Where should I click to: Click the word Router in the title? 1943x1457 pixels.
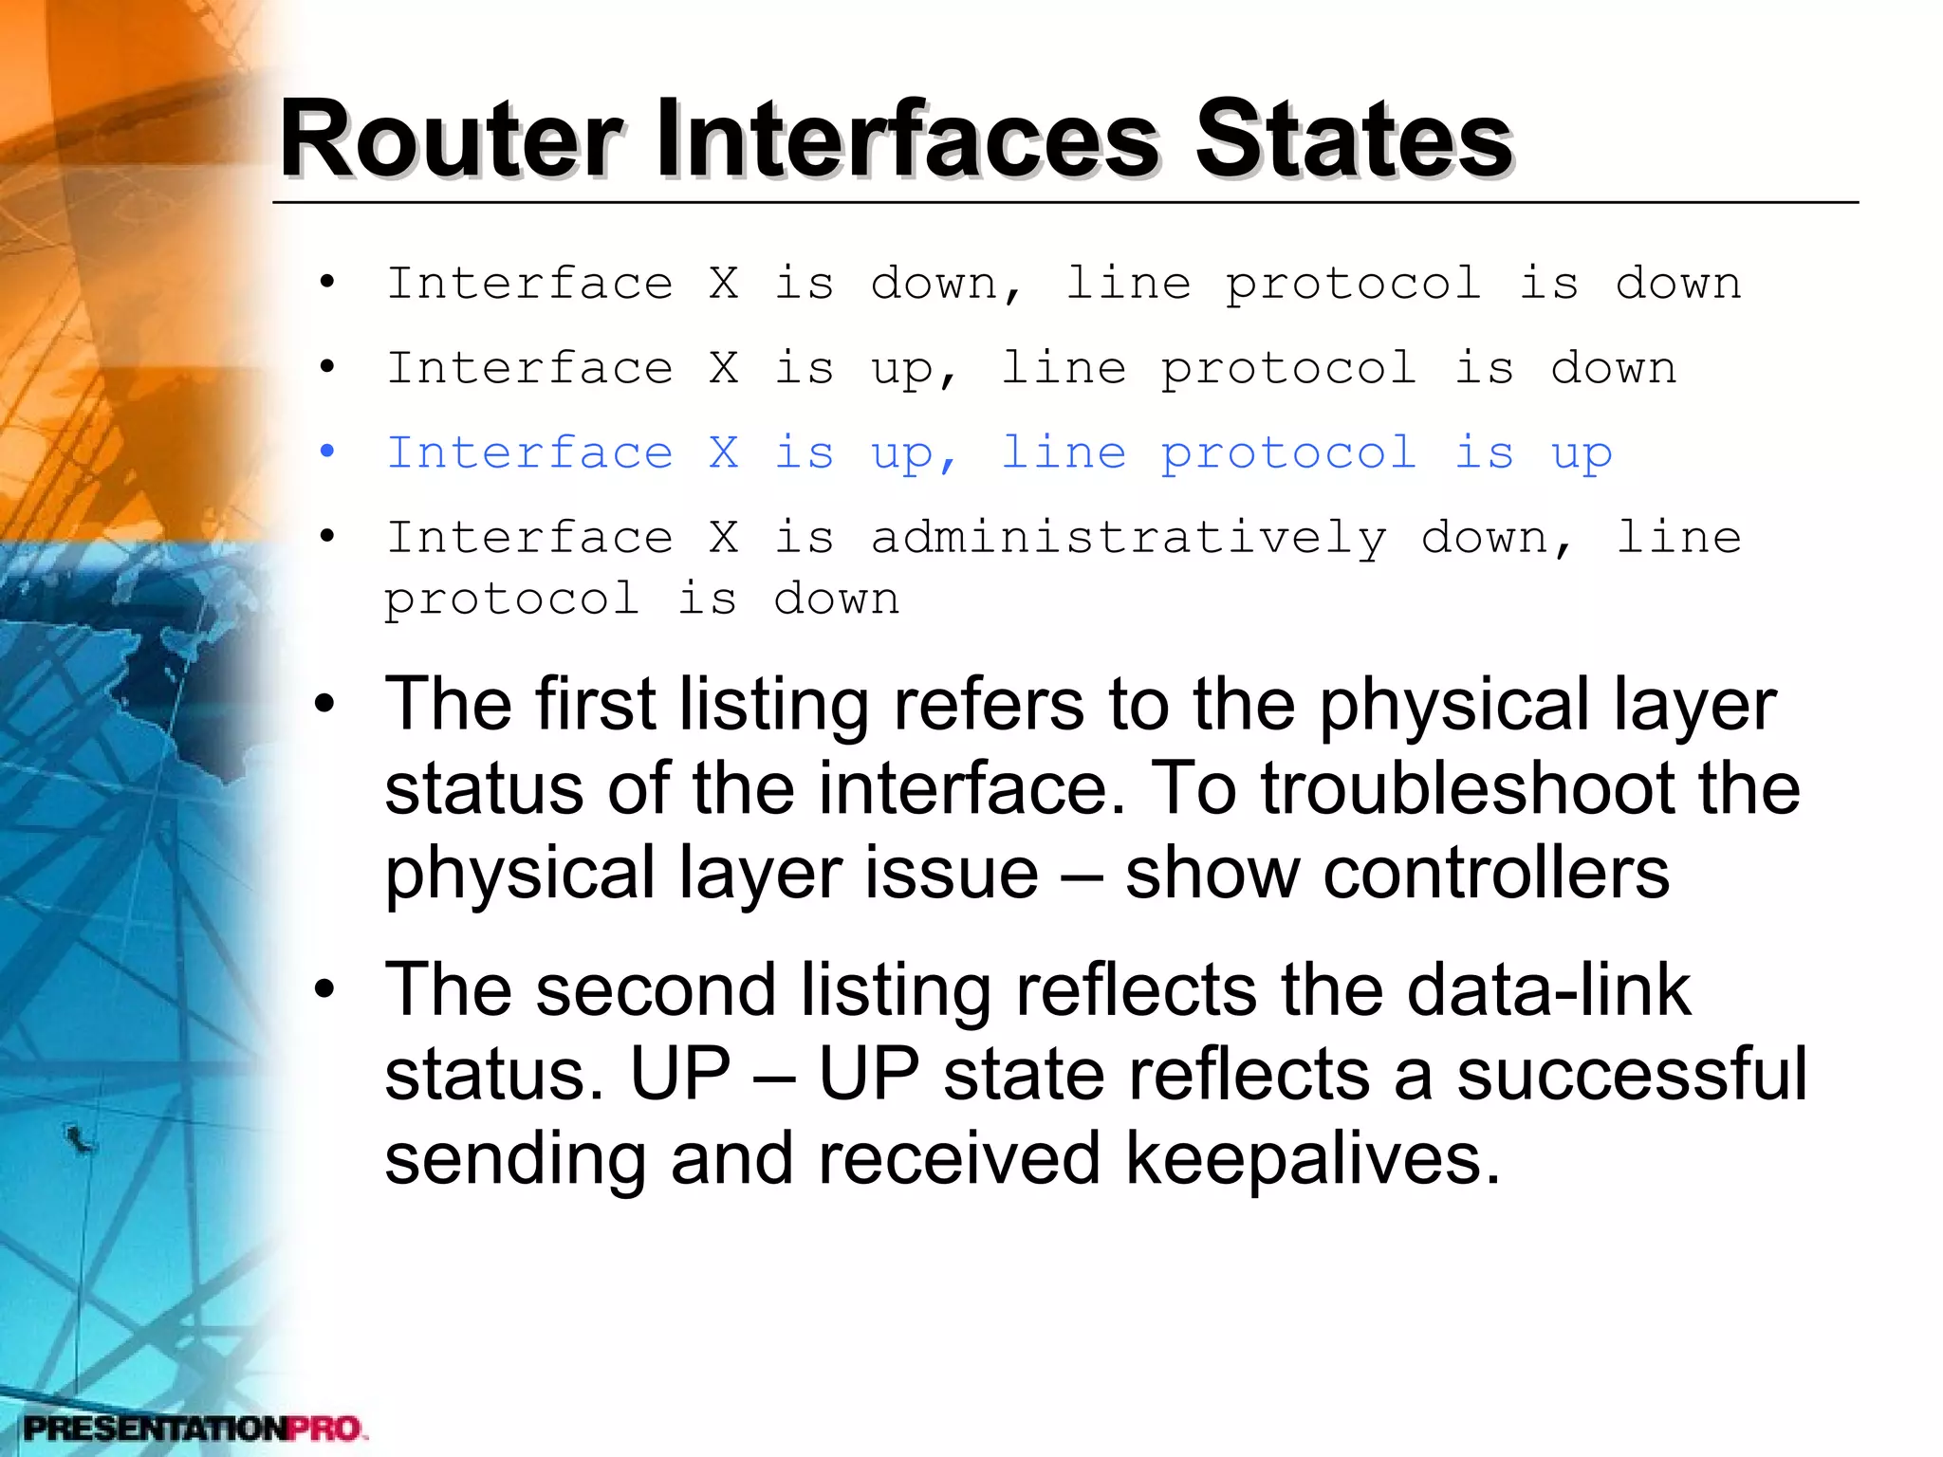(452, 139)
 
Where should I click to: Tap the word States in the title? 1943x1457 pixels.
(1353, 139)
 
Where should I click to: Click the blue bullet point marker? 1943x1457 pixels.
(327, 452)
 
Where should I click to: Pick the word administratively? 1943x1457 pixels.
(1129, 539)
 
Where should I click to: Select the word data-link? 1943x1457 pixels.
(1548, 990)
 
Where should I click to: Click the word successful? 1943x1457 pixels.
(1632, 1075)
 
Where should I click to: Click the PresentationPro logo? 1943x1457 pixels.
(194, 1428)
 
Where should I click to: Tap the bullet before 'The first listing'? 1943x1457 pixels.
(325, 705)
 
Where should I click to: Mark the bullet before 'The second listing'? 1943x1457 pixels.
(325, 990)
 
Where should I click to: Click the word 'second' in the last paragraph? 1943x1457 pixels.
(656, 990)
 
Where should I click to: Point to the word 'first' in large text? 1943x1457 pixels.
(595, 705)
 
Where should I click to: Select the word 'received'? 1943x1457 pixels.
(959, 1159)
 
